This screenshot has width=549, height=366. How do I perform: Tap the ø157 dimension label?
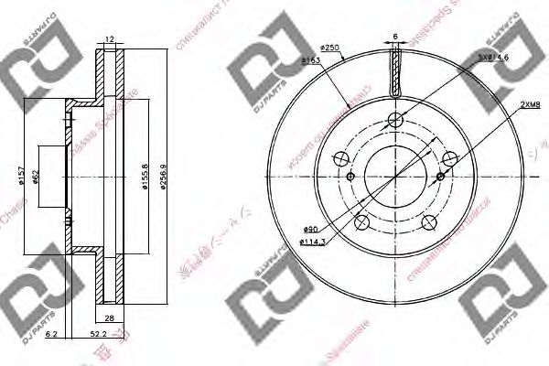[19, 174]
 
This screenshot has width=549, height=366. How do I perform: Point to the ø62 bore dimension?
[36, 174]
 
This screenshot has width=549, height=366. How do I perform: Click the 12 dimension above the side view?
[109, 38]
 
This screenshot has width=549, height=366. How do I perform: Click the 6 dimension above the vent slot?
[394, 37]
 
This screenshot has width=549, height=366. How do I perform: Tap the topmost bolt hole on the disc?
[394, 119]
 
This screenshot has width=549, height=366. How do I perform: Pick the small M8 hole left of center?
[349, 176]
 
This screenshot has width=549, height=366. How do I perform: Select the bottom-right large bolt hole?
[426, 218]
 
